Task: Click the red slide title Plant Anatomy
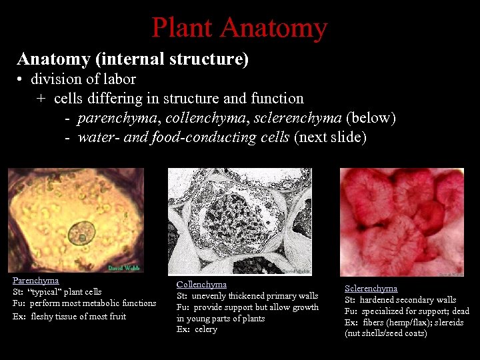point(239,27)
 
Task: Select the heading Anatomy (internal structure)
point(133,59)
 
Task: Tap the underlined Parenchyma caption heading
point(35,281)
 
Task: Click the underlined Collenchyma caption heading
point(201,284)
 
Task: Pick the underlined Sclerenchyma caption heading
point(371,289)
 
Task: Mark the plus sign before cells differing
point(41,99)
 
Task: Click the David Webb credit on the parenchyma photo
point(123,268)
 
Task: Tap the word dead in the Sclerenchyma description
point(460,311)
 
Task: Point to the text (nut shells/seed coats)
point(385,333)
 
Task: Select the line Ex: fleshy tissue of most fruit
point(69,316)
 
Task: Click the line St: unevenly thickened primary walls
point(247,295)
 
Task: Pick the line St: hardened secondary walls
point(400,300)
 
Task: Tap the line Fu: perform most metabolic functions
point(85,303)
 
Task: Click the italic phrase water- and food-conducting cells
point(183,137)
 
